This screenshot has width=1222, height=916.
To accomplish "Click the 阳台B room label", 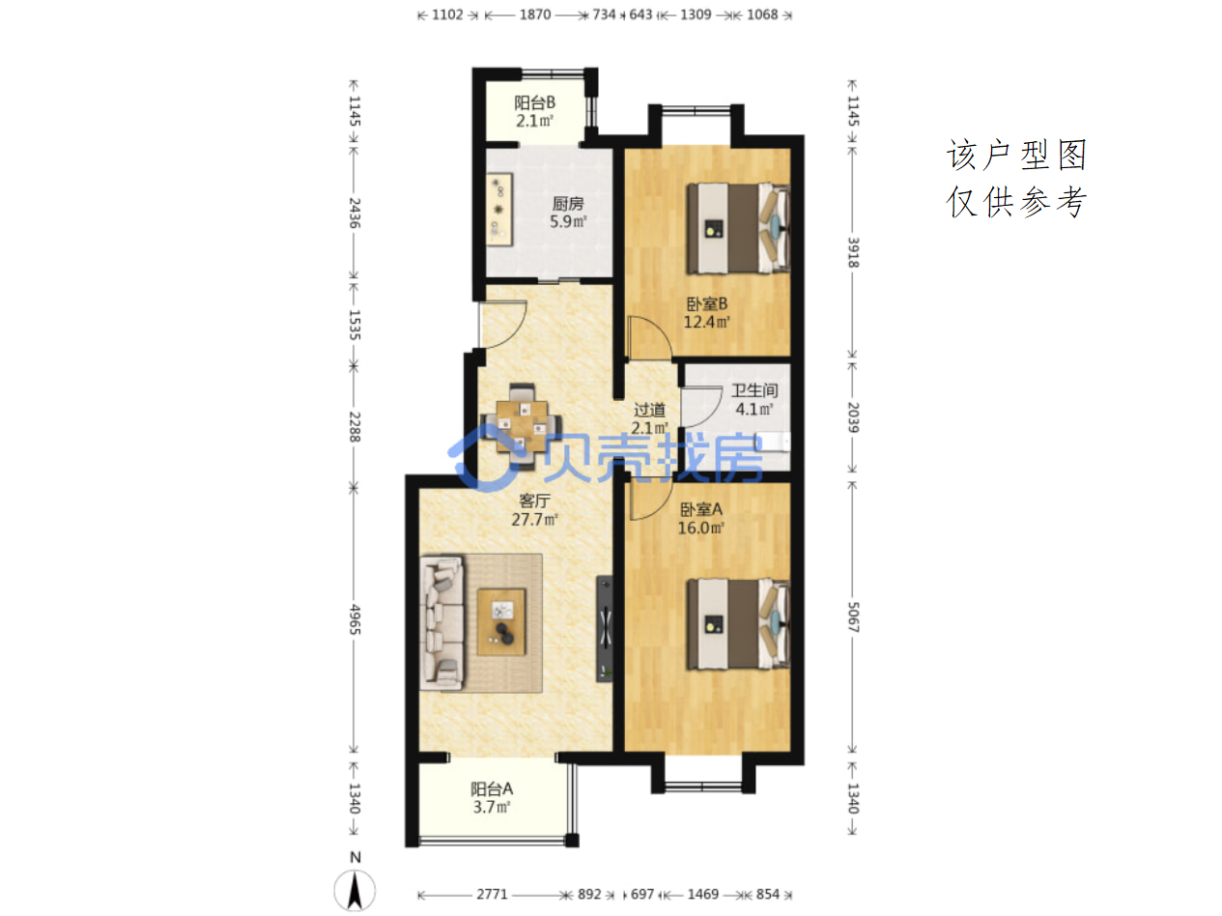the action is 534,111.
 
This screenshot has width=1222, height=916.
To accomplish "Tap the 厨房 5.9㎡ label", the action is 568,213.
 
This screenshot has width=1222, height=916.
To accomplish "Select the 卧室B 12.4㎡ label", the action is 706,312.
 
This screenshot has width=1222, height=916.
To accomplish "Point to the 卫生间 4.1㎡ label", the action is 753,399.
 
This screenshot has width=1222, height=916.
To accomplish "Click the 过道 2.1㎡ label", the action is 649,418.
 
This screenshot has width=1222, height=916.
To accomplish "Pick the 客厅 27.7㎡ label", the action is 534,509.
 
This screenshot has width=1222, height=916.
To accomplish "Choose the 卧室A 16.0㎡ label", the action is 700,518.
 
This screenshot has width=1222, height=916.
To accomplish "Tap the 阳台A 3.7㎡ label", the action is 492,797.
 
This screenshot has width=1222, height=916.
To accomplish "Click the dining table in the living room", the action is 522,426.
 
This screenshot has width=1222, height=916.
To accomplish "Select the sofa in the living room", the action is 441,623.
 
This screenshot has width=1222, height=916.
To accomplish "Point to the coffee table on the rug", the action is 501,622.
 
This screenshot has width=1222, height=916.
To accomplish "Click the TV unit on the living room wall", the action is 605,629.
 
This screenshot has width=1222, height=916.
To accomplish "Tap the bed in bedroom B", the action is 738,228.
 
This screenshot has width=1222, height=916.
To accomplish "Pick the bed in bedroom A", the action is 738,624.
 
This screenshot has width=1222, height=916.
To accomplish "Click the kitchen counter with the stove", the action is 499,210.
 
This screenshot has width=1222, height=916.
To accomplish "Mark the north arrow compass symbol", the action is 355,883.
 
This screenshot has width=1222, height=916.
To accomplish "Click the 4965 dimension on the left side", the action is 355,619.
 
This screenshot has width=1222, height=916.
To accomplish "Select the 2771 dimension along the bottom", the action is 492,895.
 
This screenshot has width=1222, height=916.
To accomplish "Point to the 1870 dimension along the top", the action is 535,14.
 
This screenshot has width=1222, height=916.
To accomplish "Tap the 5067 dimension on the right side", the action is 853,617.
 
